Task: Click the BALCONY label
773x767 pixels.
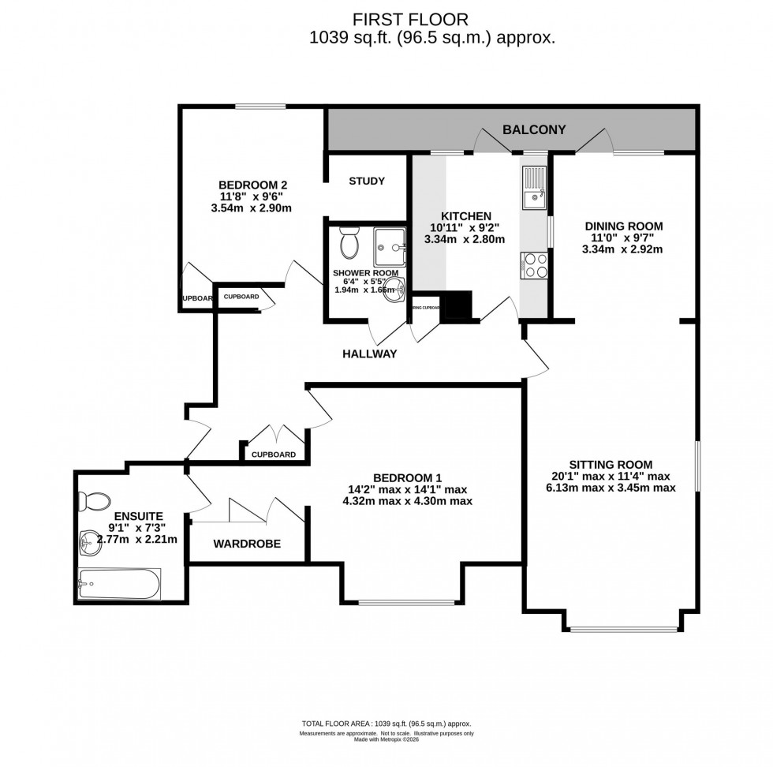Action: click(534, 129)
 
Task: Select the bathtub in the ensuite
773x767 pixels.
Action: click(119, 585)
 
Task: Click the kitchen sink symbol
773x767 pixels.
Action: click(534, 188)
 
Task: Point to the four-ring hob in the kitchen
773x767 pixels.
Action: click(534, 264)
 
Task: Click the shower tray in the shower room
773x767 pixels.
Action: click(390, 246)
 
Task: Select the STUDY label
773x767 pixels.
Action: click(367, 181)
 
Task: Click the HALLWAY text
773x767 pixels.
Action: click(369, 354)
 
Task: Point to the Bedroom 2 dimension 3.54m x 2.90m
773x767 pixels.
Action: click(252, 208)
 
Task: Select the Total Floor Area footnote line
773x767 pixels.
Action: click(386, 724)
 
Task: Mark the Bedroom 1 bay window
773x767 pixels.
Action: click(406, 602)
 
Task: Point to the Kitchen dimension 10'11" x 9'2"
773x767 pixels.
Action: click(465, 228)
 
